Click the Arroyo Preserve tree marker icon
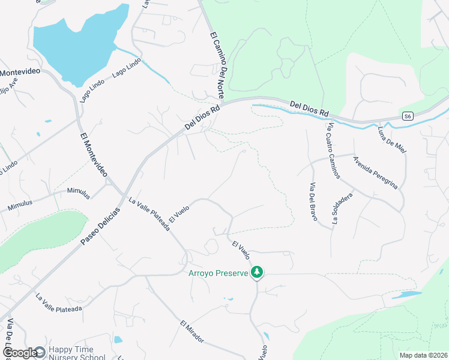pos(257,272)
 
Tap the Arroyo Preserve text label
pos(218,274)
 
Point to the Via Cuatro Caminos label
pos(334,150)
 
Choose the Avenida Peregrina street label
pos(375,173)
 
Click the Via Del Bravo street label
pos(313,201)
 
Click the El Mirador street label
pos(192,332)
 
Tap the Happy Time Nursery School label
pos(76,353)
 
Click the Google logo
pos(19,353)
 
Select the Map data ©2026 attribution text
pos(423,355)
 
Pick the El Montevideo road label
pos(93,154)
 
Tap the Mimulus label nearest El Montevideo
pos(79,193)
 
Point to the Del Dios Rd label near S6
pos(309,108)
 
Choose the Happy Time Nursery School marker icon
pos(40,352)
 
